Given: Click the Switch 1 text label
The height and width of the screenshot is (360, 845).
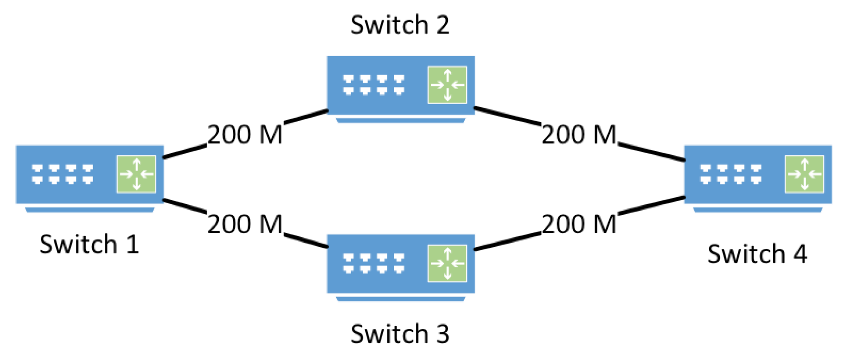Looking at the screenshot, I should point(90,245).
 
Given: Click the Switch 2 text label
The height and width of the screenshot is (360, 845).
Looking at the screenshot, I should point(400,25).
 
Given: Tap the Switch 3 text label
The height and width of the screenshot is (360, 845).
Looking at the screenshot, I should point(400,334).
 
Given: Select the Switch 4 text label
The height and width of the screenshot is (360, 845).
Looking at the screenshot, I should point(757,254).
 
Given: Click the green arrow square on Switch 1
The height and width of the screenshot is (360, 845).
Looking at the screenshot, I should point(136,174).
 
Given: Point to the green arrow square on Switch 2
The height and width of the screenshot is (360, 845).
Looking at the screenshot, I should point(447,85).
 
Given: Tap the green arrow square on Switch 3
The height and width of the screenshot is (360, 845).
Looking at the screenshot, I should point(447,263).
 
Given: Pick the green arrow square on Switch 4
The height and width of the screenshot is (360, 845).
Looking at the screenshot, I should point(804,174).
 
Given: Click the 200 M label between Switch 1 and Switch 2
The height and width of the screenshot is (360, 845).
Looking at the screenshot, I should point(245,135).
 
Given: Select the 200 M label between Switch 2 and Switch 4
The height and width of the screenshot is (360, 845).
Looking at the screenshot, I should point(579,135).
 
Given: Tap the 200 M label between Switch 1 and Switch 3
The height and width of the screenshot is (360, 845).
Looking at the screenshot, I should point(245,224).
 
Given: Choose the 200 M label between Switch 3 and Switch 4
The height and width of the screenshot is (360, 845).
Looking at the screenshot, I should point(579,224).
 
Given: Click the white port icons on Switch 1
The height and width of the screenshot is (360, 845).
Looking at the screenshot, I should point(62,174).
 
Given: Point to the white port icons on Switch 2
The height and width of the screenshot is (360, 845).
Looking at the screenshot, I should point(373,85).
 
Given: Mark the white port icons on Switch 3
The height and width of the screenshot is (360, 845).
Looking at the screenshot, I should point(373,263).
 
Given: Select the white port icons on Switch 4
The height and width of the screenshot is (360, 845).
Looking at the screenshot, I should point(731,174).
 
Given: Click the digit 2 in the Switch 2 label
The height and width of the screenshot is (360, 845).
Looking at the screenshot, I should point(443,25).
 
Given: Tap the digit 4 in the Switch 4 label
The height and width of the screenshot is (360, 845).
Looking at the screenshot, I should point(800,254).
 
